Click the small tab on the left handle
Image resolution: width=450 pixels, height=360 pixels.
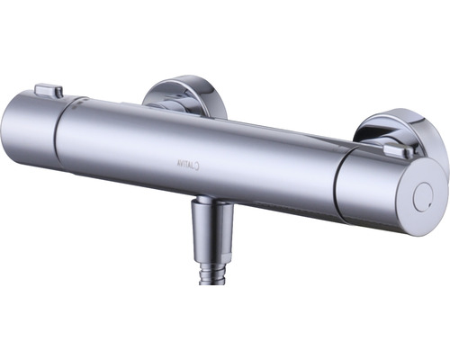(x=49, y=90)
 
